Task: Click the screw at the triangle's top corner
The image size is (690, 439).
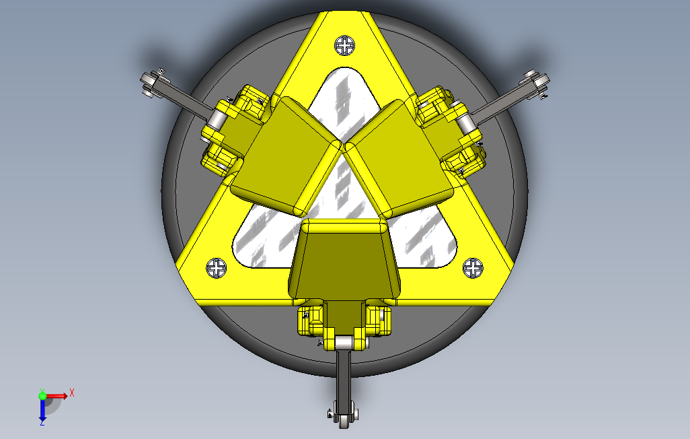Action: [344, 45]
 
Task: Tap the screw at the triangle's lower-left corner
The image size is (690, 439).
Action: [216, 268]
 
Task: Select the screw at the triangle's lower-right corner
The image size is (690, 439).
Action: [473, 268]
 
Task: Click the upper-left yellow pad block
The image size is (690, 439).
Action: [286, 156]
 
